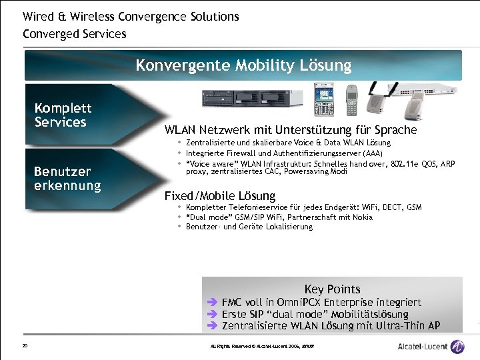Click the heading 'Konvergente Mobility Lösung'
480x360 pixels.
click(243, 65)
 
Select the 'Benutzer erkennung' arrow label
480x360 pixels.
click(67, 178)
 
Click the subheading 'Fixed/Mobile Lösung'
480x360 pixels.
click(220, 195)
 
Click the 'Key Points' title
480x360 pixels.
click(332, 289)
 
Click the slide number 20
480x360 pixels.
click(25, 345)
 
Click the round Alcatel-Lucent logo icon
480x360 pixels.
click(457, 346)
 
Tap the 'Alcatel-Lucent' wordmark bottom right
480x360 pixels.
click(422, 346)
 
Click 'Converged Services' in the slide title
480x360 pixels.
click(74, 33)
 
